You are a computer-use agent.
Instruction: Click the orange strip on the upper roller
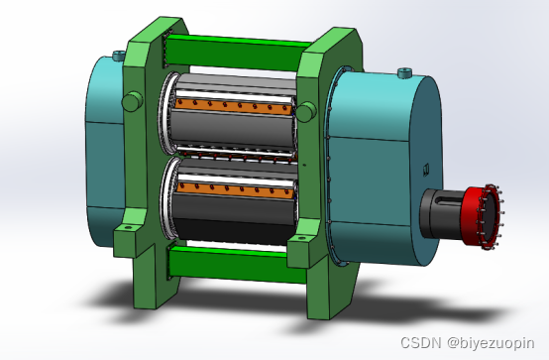[x=234, y=106]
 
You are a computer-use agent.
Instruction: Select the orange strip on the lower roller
[x=235, y=190]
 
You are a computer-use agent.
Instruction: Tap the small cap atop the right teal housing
[x=404, y=72]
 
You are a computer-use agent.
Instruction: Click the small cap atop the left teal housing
[x=119, y=55]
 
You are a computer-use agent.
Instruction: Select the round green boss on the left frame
[x=133, y=101]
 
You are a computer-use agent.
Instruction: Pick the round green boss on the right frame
[x=306, y=111]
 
